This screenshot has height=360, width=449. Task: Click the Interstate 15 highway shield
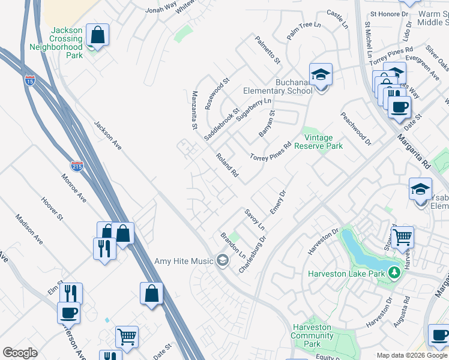tap(30, 80)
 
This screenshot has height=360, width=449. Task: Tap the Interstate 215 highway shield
tap(77, 166)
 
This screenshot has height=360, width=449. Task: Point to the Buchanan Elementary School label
tap(277, 86)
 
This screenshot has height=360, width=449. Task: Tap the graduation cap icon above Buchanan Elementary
tap(321, 74)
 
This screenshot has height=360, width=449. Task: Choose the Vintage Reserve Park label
tap(322, 142)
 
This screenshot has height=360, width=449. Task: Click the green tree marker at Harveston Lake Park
tap(394, 274)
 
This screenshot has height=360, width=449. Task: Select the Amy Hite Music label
tap(184, 261)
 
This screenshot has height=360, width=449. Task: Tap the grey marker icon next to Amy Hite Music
tap(222, 260)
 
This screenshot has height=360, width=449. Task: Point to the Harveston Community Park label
tap(312, 336)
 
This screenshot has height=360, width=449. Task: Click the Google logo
tap(20, 353)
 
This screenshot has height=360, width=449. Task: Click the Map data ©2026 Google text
tap(412, 355)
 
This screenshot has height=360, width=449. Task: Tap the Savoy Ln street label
tap(254, 220)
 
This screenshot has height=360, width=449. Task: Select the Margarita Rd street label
tap(414, 150)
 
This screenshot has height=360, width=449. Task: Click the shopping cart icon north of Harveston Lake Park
tap(402, 236)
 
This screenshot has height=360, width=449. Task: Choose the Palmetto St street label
tap(268, 50)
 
